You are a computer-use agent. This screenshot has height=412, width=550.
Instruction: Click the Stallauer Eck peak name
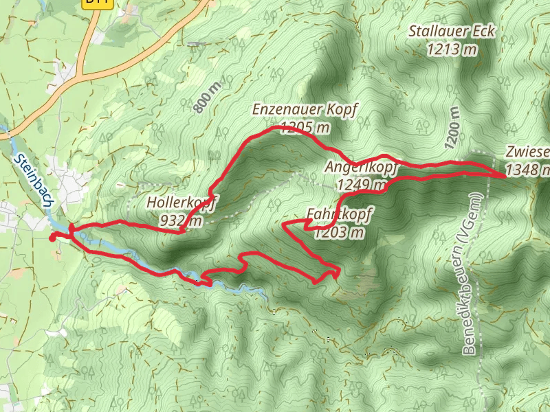(x=452, y=32)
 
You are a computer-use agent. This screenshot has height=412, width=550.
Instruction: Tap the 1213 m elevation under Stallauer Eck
(x=452, y=49)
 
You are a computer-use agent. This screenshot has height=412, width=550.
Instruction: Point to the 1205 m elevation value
(x=301, y=127)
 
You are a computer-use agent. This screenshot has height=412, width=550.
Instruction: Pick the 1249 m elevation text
(x=362, y=184)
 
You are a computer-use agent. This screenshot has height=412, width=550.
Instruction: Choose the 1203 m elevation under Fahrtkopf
(x=338, y=232)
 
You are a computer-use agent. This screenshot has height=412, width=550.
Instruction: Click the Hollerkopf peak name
(x=182, y=203)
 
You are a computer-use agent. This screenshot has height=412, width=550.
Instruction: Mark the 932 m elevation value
(x=181, y=220)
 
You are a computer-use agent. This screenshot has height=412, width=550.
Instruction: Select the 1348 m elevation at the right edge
(x=527, y=168)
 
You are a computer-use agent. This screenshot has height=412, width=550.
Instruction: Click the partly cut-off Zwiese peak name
(x=527, y=152)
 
